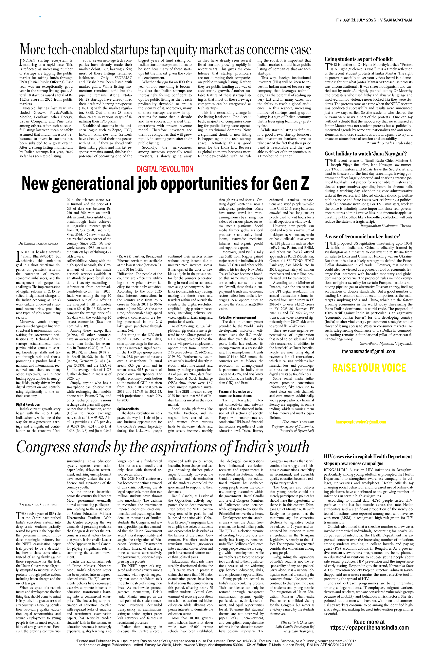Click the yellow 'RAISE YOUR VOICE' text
369,368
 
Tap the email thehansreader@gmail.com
368,351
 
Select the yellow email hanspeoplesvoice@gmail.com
361,422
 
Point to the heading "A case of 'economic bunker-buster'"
362,236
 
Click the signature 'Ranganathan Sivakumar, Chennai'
386,226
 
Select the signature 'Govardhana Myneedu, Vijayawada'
386,343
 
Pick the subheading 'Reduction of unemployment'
237,318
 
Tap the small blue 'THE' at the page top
39,17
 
